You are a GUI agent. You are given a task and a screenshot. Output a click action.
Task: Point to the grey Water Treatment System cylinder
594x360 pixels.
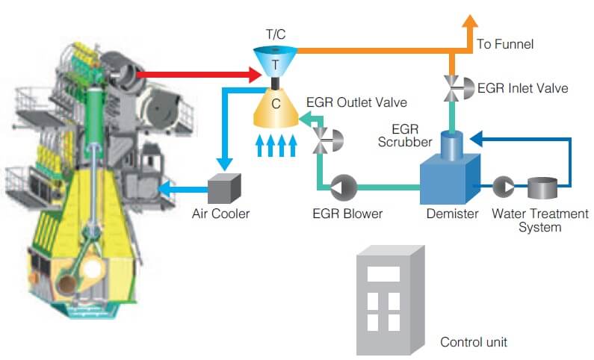coord(542,187)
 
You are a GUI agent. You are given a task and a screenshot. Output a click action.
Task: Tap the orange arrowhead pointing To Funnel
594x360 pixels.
coord(470,22)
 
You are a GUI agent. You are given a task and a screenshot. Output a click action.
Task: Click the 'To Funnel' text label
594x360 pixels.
coord(505,45)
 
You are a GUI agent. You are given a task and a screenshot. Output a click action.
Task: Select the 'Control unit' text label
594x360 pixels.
coord(474,343)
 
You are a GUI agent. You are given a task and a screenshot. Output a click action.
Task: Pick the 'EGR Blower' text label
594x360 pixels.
coord(347,214)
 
